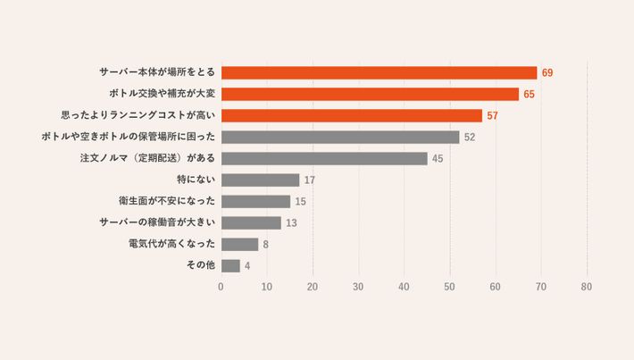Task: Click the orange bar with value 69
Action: click(x=379, y=72)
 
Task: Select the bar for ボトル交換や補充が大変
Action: click(x=370, y=94)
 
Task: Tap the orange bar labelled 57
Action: click(x=351, y=115)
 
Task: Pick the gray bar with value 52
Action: click(x=339, y=137)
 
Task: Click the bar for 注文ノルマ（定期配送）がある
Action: click(x=324, y=158)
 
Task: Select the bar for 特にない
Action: click(x=260, y=180)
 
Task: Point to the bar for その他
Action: click(x=230, y=265)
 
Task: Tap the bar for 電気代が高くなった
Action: click(x=239, y=244)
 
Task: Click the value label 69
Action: click(x=547, y=72)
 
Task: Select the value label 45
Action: click(x=438, y=158)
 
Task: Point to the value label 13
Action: click(x=292, y=222)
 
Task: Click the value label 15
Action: click(x=301, y=201)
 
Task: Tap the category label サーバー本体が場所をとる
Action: click(x=157, y=72)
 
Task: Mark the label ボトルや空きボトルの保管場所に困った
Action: click(x=129, y=137)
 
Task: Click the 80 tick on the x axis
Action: click(x=587, y=287)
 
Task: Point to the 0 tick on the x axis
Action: click(x=221, y=287)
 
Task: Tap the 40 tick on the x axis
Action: click(x=404, y=287)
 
